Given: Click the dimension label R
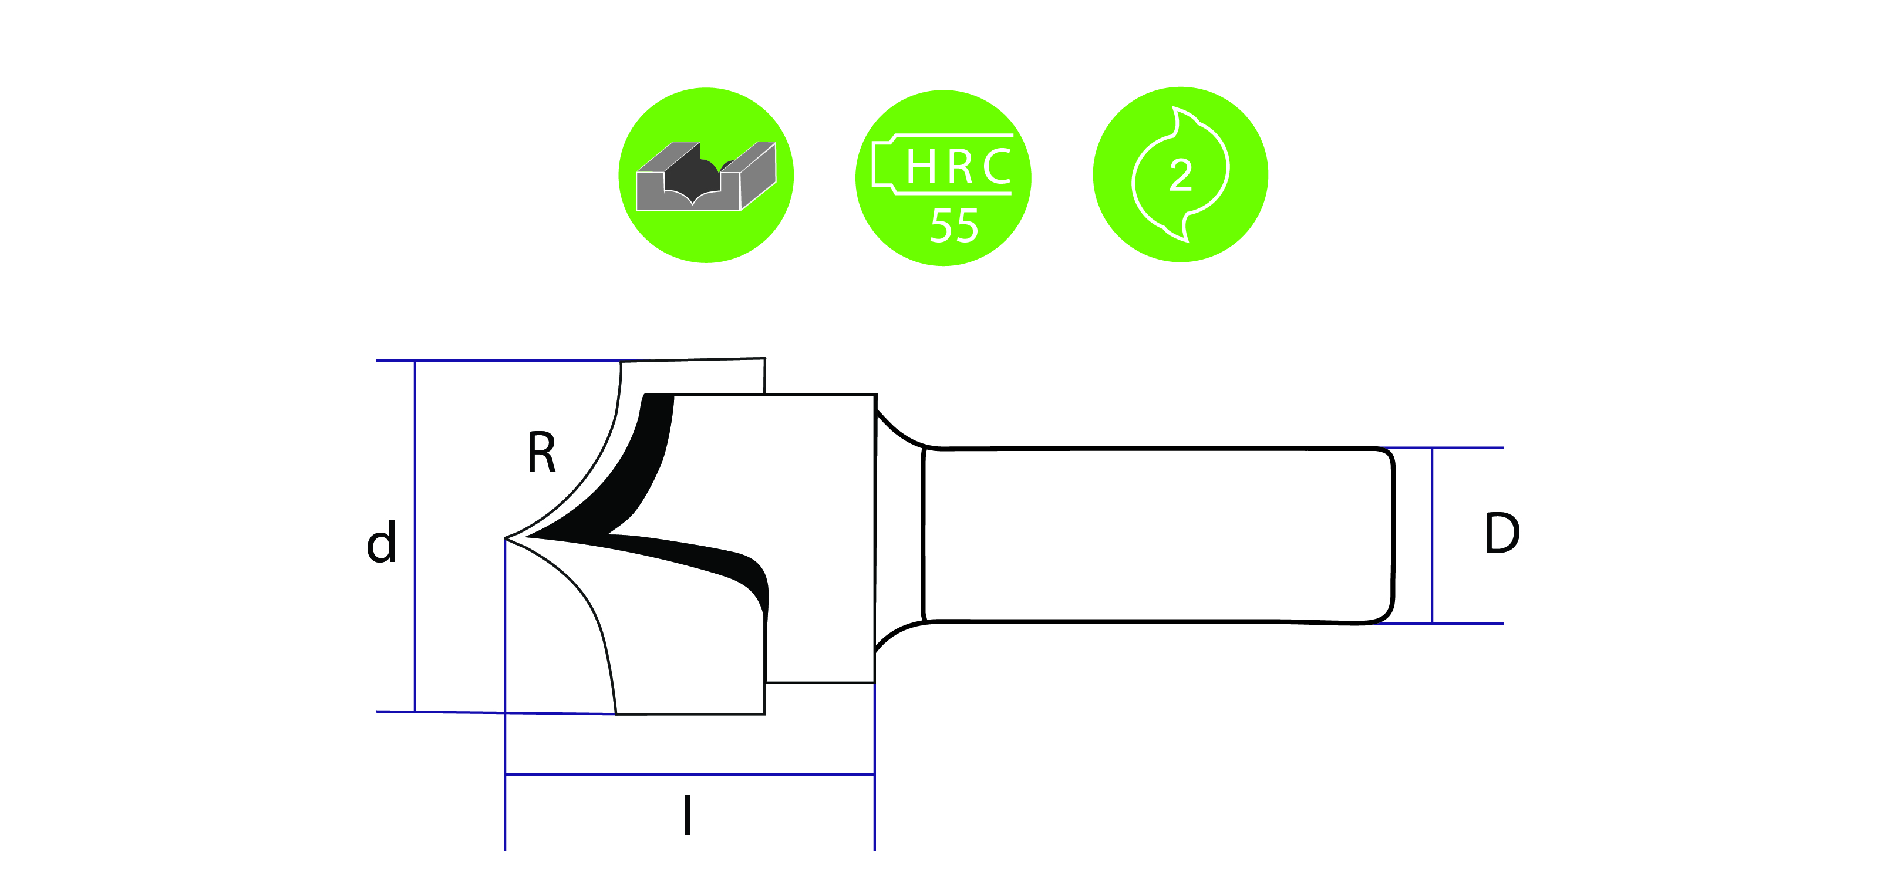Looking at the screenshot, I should coord(541,453).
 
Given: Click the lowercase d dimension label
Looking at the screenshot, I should coord(381,542).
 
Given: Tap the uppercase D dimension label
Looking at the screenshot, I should coord(1502,533).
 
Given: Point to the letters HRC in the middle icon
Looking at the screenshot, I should coord(958,167).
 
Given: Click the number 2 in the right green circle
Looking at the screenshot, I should coord(1181,176).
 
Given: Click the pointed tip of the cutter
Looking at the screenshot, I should coord(507,538).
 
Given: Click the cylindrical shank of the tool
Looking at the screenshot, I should coord(1157,535).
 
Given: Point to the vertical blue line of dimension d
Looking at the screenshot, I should coord(415,535).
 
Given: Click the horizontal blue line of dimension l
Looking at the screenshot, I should coord(689,775).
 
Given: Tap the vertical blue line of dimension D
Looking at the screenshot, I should coord(1432,535).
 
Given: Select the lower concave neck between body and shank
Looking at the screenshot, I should coord(897,634).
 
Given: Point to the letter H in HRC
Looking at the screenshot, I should coord(920,167).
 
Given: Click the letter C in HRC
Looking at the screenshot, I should coord(996,167).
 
